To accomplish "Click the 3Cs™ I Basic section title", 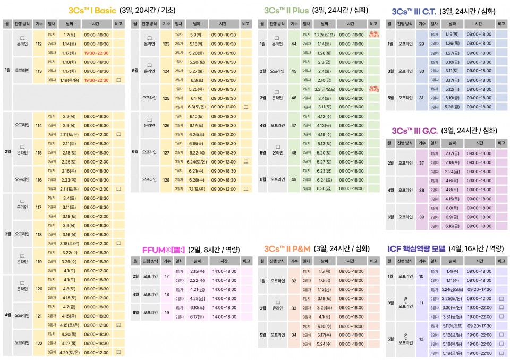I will tap(96, 10).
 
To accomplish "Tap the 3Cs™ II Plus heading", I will tap(286, 10).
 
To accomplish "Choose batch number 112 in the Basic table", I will tap(38, 44).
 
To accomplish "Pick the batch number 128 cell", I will tap(166, 179).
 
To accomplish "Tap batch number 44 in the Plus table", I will tap(294, 44).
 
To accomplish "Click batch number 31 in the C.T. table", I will tap(421, 98).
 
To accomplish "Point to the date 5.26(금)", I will tap(452, 107).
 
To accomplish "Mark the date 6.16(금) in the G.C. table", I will tap(452, 226).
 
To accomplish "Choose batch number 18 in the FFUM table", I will tap(166, 294).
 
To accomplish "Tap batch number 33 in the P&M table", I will tap(294, 307).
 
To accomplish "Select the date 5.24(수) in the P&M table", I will tap(324, 344).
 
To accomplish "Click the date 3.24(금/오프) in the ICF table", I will tap(452, 289).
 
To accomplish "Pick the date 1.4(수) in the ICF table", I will tap(452, 271).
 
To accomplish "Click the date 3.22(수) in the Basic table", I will tap(70, 252).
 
